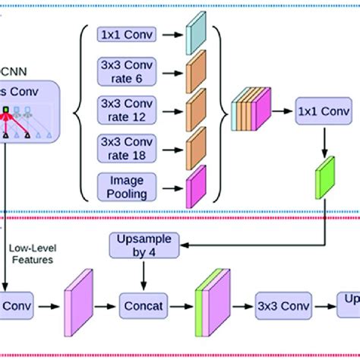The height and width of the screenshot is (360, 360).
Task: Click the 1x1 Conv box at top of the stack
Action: click(126, 35)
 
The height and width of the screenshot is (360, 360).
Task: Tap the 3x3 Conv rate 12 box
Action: click(126, 112)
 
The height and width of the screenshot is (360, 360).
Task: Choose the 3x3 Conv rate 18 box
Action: click(126, 148)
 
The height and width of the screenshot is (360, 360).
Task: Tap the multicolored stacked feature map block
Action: click(251, 110)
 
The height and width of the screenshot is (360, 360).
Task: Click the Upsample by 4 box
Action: click(145, 246)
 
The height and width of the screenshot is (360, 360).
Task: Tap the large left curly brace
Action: click(79, 111)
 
